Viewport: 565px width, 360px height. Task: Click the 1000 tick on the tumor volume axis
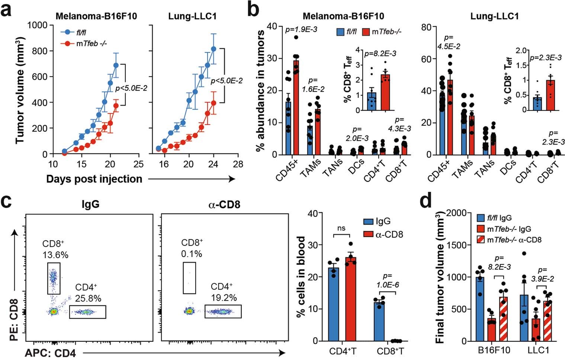[38, 25]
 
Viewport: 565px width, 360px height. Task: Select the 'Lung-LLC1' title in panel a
[192, 16]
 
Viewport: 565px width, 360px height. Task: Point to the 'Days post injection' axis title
[94, 179]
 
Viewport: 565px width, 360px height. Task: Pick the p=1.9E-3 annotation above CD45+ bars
[301, 29]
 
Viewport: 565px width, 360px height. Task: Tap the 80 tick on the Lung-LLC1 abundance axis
[426, 27]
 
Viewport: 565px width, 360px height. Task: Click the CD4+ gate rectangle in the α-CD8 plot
[223, 312]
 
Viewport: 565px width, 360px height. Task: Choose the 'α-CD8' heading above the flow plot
[224, 204]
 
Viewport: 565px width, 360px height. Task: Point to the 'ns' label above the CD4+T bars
[341, 228]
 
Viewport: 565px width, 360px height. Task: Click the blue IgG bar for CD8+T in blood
[379, 322]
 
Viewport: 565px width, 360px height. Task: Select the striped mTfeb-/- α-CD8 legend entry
[509, 240]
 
